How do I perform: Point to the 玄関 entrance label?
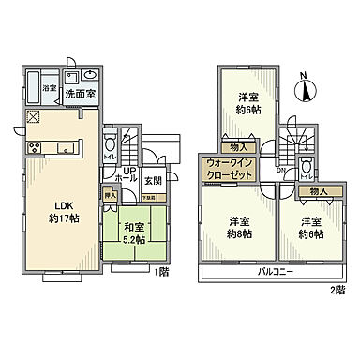click(x=153, y=179)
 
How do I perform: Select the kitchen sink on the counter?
click(x=67, y=145)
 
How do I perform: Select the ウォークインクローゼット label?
click(x=228, y=169)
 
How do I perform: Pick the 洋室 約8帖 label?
click(x=239, y=227)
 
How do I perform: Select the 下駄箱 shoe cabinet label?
click(x=148, y=197)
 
